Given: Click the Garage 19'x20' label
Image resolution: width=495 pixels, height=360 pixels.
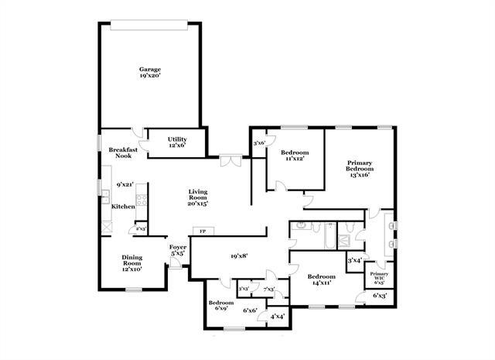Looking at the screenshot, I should [x=150, y=73].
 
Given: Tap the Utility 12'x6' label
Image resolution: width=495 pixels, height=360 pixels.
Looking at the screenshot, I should [x=177, y=142].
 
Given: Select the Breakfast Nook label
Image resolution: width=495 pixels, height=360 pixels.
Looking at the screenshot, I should [x=124, y=153].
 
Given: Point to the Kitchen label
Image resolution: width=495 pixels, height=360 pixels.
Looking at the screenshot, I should [x=123, y=207].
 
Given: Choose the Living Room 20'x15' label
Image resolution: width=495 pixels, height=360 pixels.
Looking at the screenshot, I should [x=197, y=198].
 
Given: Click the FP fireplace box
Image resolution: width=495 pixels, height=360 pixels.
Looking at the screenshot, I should [x=203, y=231].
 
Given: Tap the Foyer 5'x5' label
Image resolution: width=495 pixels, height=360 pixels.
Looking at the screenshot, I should [x=177, y=250].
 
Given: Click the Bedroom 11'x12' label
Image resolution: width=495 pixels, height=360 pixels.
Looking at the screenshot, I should [x=295, y=155].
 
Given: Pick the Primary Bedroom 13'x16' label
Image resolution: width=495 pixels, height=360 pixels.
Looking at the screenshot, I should [x=359, y=168].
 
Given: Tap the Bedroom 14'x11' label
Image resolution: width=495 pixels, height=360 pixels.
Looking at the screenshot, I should [x=320, y=279].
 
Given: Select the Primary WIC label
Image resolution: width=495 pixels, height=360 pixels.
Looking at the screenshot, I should [x=379, y=277].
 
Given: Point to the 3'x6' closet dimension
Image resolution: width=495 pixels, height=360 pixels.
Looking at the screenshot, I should [x=259, y=143].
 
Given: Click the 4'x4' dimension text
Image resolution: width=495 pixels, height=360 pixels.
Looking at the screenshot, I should [x=277, y=316].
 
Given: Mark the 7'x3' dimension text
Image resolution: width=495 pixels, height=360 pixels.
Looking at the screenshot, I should [x=269, y=289].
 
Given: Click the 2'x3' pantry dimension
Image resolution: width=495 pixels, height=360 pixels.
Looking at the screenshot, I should [x=141, y=229].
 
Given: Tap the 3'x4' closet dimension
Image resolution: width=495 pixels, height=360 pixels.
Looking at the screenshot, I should [x=356, y=260].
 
